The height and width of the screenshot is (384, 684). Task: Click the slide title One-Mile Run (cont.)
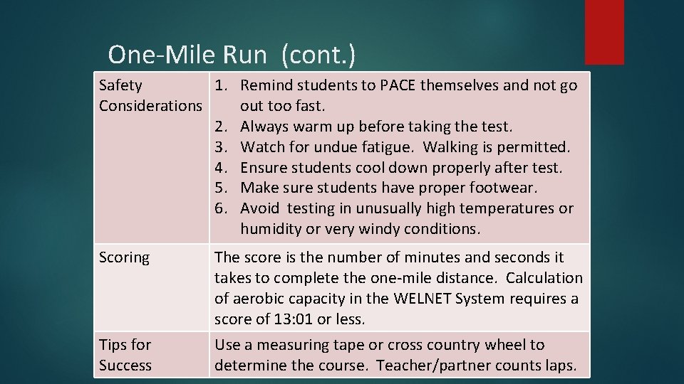232,54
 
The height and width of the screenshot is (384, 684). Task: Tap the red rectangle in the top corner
604,31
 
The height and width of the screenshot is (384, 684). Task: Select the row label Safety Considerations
150,95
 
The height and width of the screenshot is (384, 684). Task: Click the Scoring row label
124,257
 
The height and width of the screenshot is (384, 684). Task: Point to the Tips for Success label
125,355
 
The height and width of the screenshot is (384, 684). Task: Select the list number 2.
221,127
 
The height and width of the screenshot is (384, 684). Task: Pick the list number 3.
221,147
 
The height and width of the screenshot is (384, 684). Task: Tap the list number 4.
221,168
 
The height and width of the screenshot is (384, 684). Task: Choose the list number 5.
221,188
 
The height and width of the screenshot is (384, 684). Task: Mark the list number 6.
221,208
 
